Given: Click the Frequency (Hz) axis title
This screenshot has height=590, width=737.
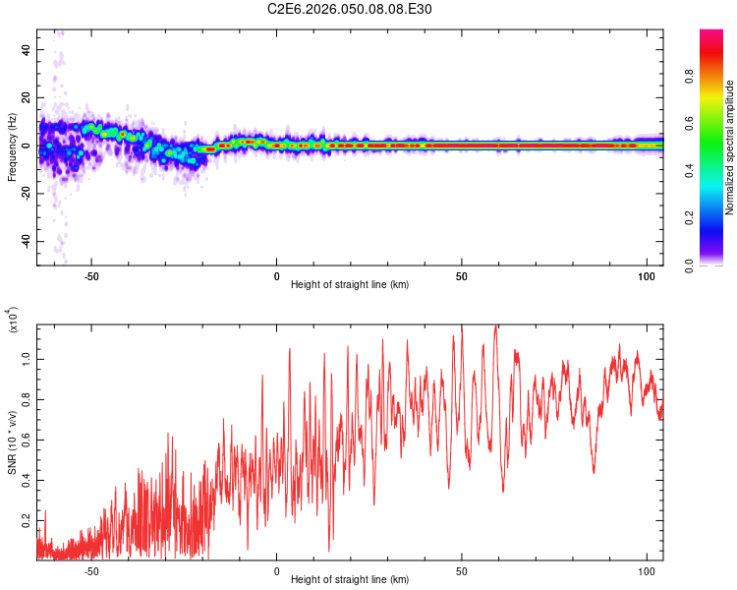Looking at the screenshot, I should [11, 147].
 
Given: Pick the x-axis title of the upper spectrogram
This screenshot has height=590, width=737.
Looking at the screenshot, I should [350, 284].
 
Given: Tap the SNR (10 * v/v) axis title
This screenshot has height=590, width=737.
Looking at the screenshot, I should [12, 442].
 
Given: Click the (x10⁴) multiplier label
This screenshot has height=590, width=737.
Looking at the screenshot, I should [13, 321].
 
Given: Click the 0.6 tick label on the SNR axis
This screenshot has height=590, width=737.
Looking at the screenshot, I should [27, 440].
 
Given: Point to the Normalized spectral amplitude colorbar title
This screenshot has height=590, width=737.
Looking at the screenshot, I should [730, 147].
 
